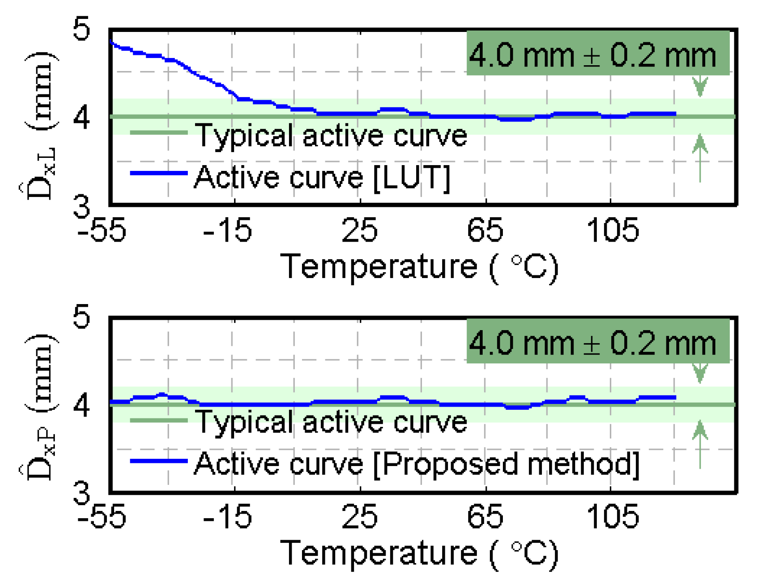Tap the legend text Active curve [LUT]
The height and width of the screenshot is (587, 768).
click(x=322, y=177)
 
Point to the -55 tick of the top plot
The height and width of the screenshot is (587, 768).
click(x=102, y=229)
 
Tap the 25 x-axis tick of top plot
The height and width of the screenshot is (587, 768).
click(x=360, y=229)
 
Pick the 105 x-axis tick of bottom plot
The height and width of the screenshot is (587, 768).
click(x=613, y=516)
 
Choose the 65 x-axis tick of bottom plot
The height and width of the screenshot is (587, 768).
click(x=485, y=516)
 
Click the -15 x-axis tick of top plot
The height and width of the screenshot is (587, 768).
click(x=227, y=229)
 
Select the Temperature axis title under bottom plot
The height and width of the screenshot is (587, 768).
click(x=419, y=554)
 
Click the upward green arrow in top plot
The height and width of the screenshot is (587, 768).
click(x=700, y=157)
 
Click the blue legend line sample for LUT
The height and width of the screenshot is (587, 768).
click(x=158, y=173)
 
